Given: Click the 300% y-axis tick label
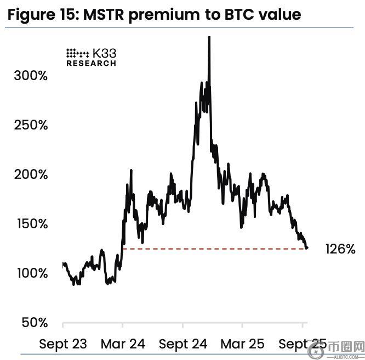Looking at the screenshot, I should pyautogui.click(x=31, y=76).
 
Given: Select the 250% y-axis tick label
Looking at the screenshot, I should pyautogui.click(x=31, y=125).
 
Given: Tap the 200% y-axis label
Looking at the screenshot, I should pyautogui.click(x=31, y=175).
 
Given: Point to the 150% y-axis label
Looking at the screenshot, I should pyautogui.click(x=31, y=224).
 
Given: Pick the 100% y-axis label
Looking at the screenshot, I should pyautogui.click(x=31, y=273).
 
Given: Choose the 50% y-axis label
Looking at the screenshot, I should pyautogui.click(x=34, y=323).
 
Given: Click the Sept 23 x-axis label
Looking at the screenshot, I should pyautogui.click(x=63, y=344).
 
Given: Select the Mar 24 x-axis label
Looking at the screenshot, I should pyautogui.click(x=123, y=344).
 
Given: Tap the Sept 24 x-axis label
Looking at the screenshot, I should pyautogui.click(x=183, y=344).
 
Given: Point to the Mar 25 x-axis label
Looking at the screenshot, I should pyautogui.click(x=242, y=344).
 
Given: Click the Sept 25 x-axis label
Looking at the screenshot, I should pyautogui.click(x=302, y=344).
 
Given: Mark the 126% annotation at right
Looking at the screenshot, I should pyautogui.click(x=340, y=249).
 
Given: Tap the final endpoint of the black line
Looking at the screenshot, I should pyautogui.click(x=306, y=248).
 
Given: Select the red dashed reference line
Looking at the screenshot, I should pyautogui.click(x=214, y=249).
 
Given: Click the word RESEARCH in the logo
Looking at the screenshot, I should pyautogui.click(x=91, y=63).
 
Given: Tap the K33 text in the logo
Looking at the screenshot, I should pyautogui.click(x=104, y=53).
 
